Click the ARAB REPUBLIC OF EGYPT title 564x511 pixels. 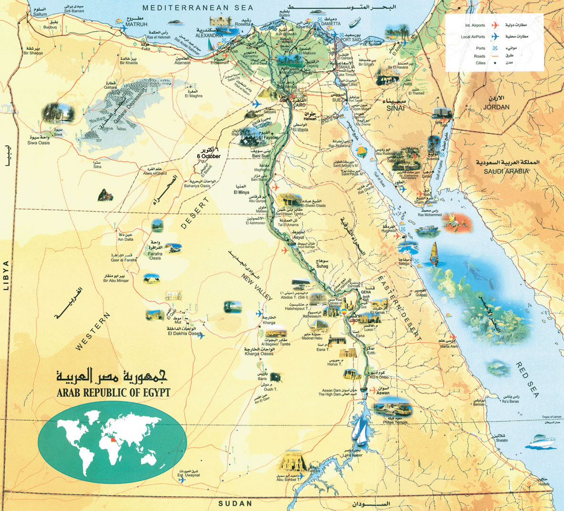coord(113,393)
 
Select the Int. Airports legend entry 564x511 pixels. coord(475,25)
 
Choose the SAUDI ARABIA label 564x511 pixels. coord(506,171)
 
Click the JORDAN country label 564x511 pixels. coord(496,107)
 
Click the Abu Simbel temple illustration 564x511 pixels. coord(289,463)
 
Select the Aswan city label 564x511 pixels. coord(383,393)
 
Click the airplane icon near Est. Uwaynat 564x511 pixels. coord(181,480)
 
